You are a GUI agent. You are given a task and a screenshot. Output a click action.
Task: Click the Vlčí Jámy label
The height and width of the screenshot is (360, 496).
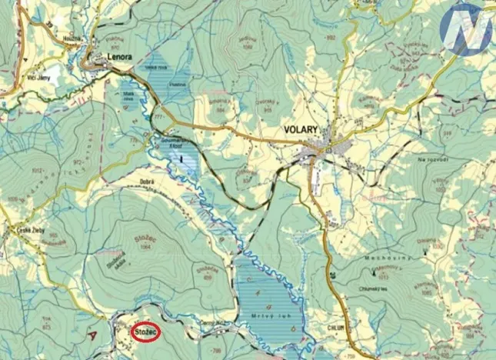[17, 78]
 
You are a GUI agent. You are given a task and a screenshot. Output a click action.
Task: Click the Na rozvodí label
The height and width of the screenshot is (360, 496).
[432, 158]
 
